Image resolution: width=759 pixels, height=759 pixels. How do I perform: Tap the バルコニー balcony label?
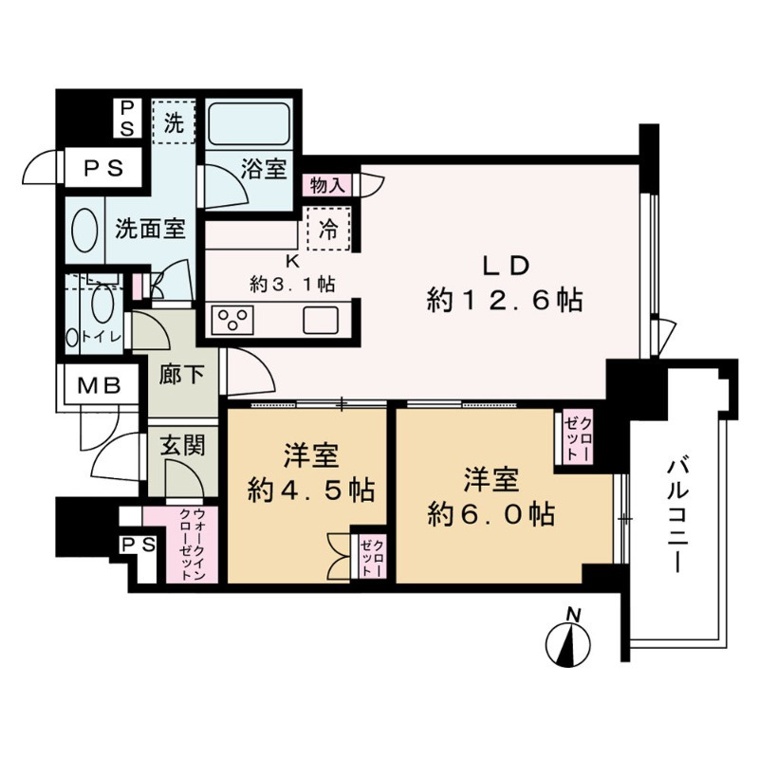[676, 512]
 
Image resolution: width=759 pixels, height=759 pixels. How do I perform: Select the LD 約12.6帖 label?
[503, 285]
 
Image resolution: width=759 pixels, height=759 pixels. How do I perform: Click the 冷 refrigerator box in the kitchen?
[327, 229]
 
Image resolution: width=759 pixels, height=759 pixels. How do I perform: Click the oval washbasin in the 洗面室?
[83, 230]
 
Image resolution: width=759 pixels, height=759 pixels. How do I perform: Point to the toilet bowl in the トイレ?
[102, 308]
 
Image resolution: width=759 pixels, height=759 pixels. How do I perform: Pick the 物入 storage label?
[327, 185]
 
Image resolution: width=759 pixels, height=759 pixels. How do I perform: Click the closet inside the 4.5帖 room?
[369, 557]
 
